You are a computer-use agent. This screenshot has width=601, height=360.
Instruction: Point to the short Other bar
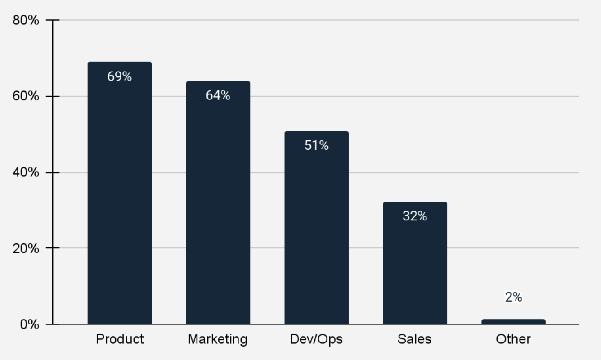[x=513, y=322]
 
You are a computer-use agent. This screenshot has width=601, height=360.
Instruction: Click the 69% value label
[x=120, y=76]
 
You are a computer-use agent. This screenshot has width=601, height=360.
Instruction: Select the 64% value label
[x=218, y=95]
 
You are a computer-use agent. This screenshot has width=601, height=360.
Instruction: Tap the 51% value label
[x=316, y=145]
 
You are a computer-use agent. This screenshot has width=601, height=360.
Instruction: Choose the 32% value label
[x=415, y=216]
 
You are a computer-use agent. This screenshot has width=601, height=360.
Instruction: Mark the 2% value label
[x=513, y=297]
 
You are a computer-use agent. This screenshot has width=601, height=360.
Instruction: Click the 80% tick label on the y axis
[x=26, y=20]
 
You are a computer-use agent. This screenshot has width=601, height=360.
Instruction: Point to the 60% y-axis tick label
[x=26, y=96]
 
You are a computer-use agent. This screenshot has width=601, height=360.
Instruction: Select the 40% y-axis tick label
[x=26, y=172]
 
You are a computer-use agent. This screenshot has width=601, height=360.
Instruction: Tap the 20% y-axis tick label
[x=26, y=248]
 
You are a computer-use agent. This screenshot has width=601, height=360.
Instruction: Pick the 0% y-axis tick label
[x=30, y=324]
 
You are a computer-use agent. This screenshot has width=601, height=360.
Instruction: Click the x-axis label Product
[x=120, y=339]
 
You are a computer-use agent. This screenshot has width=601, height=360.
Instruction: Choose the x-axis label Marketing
[x=218, y=339]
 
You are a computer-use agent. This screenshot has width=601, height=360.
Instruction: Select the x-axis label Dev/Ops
[x=316, y=339]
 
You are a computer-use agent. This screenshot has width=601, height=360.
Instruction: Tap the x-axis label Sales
[x=414, y=339]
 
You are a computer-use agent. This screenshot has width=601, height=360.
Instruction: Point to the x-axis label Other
[x=513, y=339]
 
